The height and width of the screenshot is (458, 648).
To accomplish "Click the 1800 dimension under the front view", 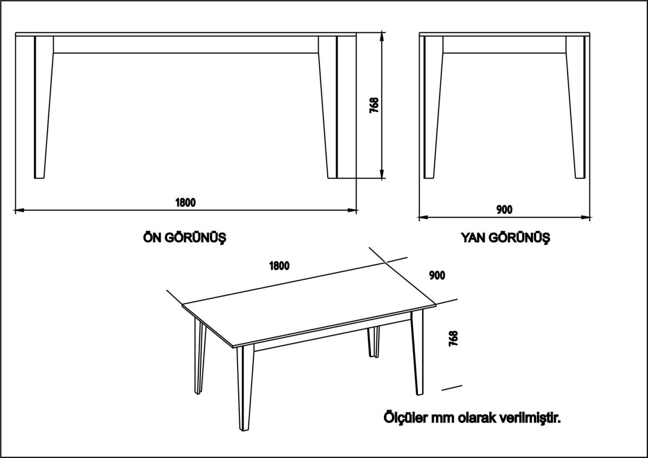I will (x=185, y=203).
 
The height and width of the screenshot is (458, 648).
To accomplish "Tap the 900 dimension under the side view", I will (x=504, y=210).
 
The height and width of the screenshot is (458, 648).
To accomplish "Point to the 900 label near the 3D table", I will (x=437, y=275).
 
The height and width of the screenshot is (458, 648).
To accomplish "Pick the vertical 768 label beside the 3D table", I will (x=453, y=339).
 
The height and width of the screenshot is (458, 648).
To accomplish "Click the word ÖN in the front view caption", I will (x=150, y=237).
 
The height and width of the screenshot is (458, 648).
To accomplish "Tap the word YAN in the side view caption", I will (x=471, y=237).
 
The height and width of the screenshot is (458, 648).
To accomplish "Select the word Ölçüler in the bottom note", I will (x=405, y=418).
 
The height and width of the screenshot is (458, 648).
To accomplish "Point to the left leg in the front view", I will (x=43, y=108).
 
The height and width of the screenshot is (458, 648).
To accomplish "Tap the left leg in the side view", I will (x=431, y=108).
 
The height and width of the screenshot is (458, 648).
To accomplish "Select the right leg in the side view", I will (x=576, y=108).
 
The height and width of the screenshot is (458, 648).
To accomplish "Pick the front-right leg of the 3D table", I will (x=418, y=356).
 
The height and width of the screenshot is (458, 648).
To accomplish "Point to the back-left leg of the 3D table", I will (x=199, y=356).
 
